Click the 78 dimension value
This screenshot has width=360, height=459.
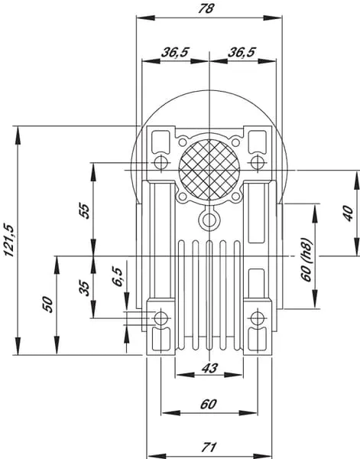[x=206, y=8]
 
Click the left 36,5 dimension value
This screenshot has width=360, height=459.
[x=175, y=52]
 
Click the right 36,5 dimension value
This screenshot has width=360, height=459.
[x=242, y=52]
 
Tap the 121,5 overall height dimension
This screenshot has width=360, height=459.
[x=9, y=240]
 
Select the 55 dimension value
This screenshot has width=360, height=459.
[x=84, y=210]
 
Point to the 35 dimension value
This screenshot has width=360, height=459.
[x=84, y=288]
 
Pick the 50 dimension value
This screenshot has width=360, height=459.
[x=47, y=304]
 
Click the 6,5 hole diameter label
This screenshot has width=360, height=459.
[x=118, y=276]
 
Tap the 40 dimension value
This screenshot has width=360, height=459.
[x=348, y=213]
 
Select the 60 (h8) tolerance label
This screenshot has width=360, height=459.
[x=306, y=259]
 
